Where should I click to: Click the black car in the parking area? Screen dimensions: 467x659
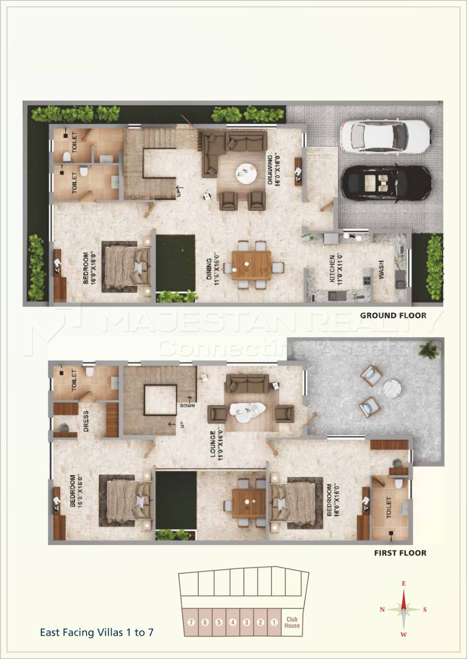[387, 184]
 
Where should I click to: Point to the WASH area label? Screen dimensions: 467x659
[381, 270]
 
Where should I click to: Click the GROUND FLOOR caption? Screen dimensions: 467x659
[393, 315]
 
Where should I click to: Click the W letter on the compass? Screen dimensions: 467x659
[404, 634]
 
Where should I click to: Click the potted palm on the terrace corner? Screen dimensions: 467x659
[428, 349]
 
